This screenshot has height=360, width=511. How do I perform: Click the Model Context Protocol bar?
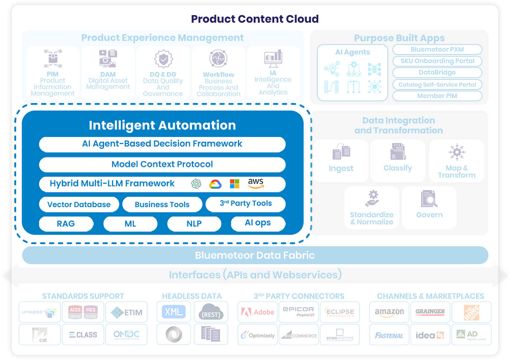162,164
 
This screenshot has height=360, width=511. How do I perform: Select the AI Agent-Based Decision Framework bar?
162,144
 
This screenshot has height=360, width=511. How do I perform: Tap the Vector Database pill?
79,205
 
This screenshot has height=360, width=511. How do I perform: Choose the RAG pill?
66,224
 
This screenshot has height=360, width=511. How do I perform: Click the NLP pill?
194,224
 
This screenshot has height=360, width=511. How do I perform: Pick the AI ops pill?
258,223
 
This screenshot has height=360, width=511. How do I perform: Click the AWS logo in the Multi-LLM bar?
256,183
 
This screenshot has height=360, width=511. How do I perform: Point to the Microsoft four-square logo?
235,184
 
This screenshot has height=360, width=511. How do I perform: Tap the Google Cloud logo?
215,184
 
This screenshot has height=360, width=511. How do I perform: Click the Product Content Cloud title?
255,19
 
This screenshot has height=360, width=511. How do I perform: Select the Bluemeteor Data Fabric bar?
255,255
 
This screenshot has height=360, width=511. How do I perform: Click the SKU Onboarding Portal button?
437,61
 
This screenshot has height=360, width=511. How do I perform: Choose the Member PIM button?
437,96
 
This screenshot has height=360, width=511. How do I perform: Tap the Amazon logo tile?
389,312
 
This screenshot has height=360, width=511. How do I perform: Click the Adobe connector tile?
258,312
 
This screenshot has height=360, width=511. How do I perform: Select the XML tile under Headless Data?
174,312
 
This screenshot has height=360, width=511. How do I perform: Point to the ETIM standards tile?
126,312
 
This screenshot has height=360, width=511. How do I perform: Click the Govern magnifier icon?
429,199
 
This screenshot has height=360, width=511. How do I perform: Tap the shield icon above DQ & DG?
164,59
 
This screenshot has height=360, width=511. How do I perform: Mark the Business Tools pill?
162,205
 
